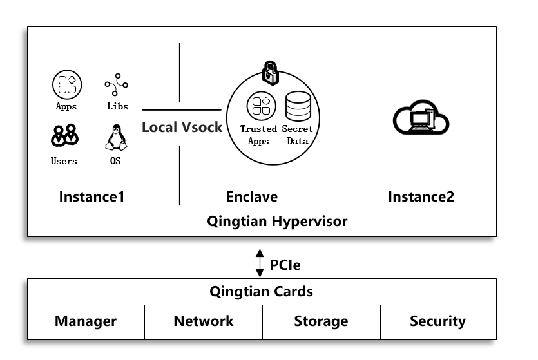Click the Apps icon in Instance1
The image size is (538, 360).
pos(66,84)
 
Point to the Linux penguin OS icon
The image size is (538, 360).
pos(115,136)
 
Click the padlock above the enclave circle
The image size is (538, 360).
pos(270,72)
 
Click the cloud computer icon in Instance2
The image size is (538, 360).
pos(421,118)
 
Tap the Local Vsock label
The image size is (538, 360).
pos(182,127)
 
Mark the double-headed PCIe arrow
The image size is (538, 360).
pos(260,263)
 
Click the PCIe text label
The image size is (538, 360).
pos(285,265)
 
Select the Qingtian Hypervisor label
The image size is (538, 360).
pos(277,222)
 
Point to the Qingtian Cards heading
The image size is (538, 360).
pos(261,291)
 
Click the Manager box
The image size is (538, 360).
pos(86,321)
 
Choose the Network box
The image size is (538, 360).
pos(204,321)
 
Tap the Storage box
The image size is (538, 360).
pos(321,321)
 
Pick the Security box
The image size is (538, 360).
pos(438,321)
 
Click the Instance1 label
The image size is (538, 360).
pos(91,196)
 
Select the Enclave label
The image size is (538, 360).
pos(252,196)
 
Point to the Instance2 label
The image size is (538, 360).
pos(421,196)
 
